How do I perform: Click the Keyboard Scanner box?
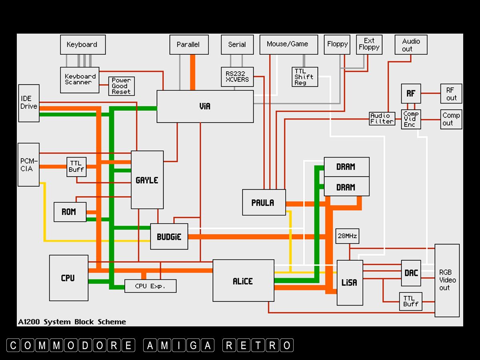click(80, 80)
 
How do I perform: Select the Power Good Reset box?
click(121, 86)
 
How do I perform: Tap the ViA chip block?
click(205, 106)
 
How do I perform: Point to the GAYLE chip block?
click(147, 180)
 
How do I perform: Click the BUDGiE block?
click(169, 236)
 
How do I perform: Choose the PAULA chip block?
click(264, 202)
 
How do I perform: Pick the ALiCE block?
click(243, 281)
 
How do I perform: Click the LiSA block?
click(350, 282)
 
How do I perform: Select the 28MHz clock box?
click(347, 236)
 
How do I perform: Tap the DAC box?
click(411, 273)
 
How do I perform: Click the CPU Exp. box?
click(150, 286)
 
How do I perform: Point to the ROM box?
click(70, 212)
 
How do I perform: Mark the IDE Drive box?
click(29, 103)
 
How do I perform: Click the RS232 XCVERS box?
click(237, 76)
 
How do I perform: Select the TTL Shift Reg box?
click(304, 77)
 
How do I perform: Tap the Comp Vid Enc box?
click(411, 119)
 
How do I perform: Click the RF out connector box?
click(451, 94)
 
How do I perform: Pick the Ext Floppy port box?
click(368, 44)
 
